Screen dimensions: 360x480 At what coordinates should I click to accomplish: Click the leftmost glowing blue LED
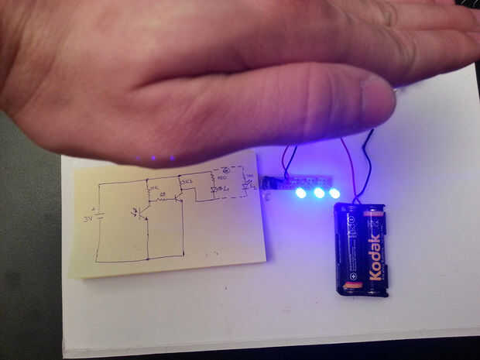(300, 192)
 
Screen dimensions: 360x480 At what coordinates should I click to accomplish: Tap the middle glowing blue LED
(318, 192)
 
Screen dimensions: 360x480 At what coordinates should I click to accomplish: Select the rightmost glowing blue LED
(334, 192)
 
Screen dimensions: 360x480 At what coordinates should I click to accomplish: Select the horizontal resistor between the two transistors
(163, 197)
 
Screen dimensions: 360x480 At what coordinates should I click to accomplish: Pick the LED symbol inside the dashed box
(214, 189)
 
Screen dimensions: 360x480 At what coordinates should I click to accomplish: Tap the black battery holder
(360, 249)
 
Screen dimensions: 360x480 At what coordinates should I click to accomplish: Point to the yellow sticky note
(166, 221)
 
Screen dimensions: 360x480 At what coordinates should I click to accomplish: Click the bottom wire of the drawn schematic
(139, 258)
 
